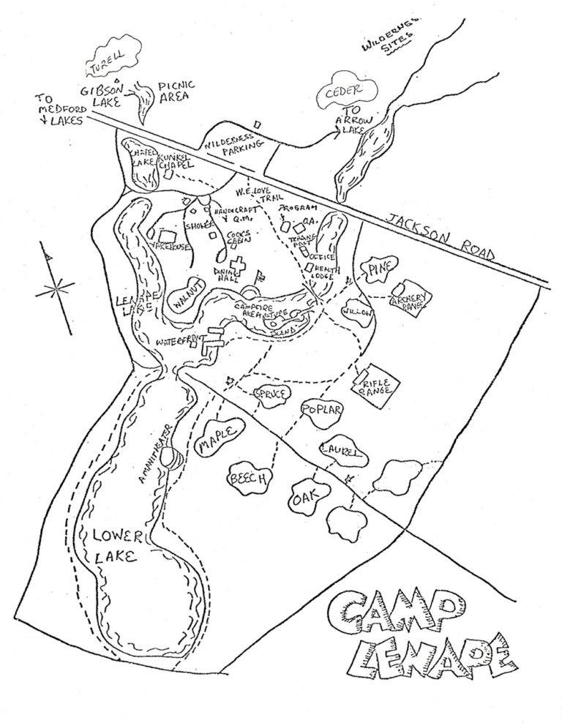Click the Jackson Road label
441,233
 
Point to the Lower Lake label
113,544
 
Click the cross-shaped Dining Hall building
236,266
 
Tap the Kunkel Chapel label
173,161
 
